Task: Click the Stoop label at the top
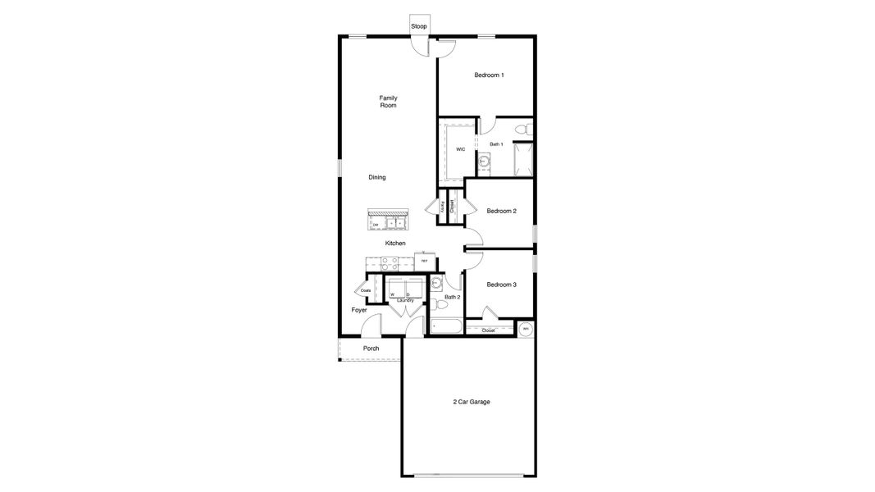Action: [419, 27]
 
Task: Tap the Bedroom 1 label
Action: [489, 75]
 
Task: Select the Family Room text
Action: [388, 102]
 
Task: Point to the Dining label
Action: [377, 177]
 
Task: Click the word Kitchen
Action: [395, 244]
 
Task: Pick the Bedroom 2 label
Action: [501, 211]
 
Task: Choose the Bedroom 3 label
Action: [501, 285]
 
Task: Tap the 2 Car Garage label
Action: [472, 402]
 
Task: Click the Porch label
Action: [371, 348]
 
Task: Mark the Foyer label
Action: [359, 310]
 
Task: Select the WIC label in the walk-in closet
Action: [461, 149]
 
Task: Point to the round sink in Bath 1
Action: [485, 162]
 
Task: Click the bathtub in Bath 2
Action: [447, 326]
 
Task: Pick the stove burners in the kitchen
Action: [389, 263]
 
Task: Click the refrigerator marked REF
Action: [424, 262]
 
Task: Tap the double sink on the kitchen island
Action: [398, 222]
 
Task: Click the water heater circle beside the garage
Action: [526, 330]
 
